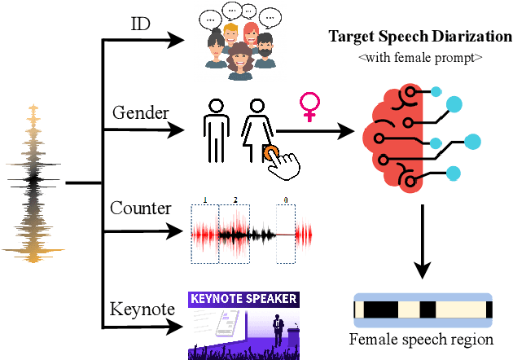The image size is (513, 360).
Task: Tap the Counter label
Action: pos(140,209)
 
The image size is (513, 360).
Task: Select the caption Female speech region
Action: pos(422,338)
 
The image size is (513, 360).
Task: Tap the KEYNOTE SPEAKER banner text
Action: pos(243,298)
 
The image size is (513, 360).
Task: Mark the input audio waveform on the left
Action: pos(33,183)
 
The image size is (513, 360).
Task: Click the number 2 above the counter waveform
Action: pos(236,200)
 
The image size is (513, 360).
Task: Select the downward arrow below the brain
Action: pos(420,240)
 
